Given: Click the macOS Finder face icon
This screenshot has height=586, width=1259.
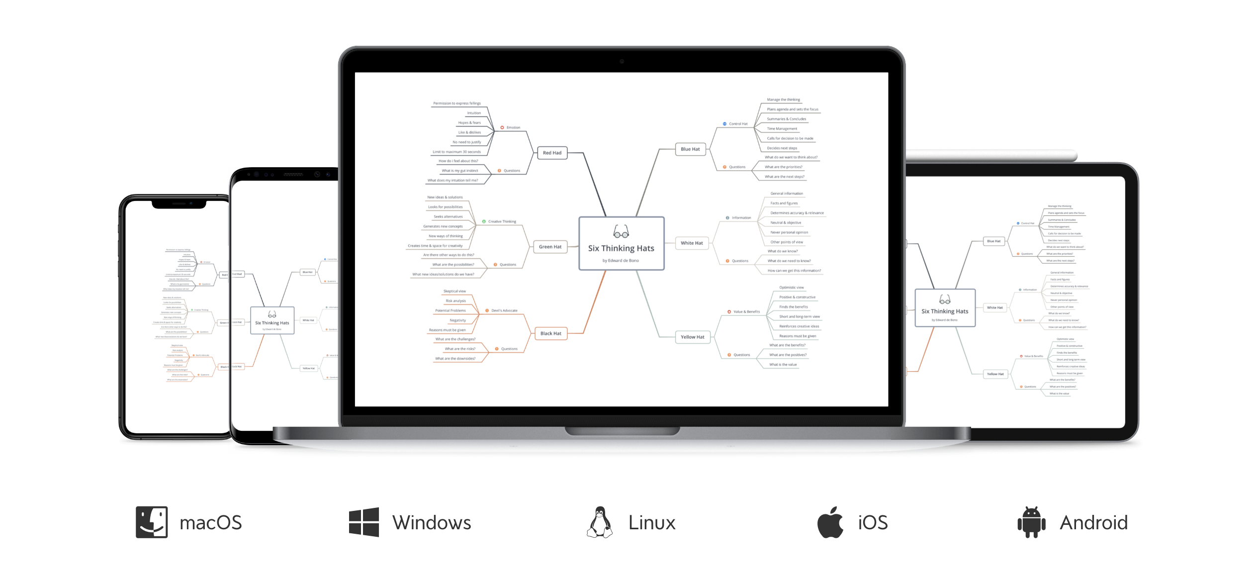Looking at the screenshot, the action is [152, 522].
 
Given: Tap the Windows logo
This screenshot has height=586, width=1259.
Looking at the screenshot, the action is [364, 522].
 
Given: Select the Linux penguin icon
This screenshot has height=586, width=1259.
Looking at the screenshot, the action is [600, 522].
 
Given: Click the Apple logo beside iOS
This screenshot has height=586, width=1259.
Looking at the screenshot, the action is [830, 522].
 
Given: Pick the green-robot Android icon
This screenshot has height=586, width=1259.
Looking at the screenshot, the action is [1032, 522].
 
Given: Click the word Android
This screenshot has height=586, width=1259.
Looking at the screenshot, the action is [1093, 523].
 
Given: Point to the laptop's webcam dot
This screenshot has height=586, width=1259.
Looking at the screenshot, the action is [622, 61].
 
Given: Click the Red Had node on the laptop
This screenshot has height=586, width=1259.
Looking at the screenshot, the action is [552, 153].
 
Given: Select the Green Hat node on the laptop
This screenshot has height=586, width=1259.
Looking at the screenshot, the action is [550, 247].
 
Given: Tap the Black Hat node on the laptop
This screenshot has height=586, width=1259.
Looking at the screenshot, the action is [550, 333].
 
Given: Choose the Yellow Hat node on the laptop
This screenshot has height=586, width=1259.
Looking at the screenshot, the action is [692, 337].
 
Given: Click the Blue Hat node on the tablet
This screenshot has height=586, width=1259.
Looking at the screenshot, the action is [994, 241].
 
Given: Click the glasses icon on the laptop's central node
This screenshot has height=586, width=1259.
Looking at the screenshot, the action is [621, 231].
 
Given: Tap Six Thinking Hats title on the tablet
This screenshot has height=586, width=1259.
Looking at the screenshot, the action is [945, 311].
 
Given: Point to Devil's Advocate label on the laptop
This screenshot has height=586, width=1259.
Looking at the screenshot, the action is [504, 310].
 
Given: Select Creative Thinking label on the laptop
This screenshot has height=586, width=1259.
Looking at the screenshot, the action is [502, 221].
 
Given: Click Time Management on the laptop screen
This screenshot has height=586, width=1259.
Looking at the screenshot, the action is [782, 129].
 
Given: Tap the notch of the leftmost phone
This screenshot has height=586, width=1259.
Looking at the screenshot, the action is [179, 204].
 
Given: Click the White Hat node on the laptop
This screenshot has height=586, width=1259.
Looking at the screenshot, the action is [692, 243].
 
